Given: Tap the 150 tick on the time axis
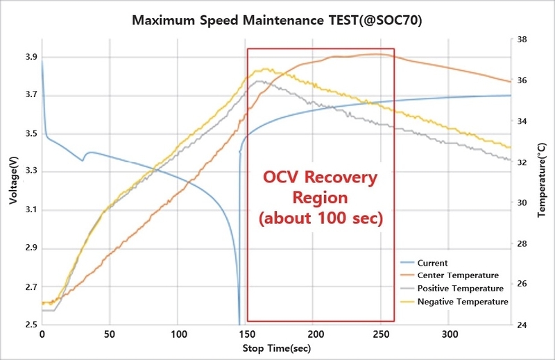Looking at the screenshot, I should click(x=245, y=333).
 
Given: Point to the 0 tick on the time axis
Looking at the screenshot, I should click(x=42, y=333).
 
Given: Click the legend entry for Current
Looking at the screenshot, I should click(x=434, y=263).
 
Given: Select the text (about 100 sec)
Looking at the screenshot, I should click(x=321, y=219).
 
